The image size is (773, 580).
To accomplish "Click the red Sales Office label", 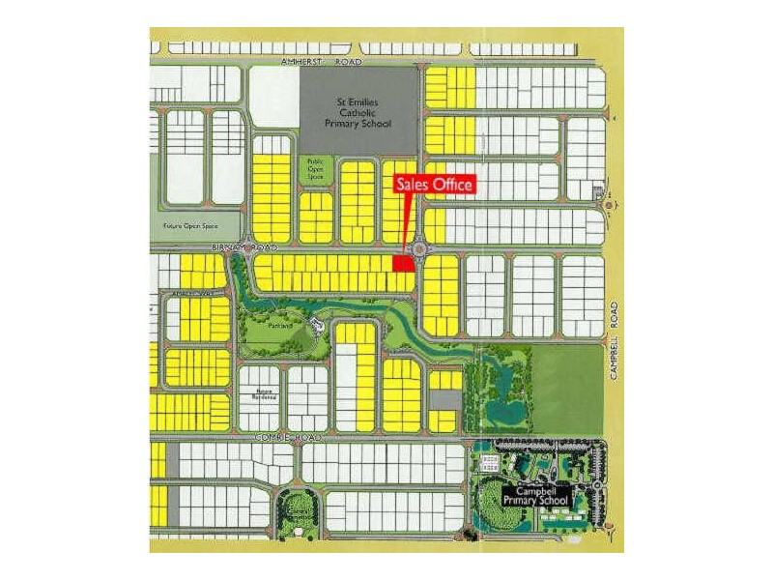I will pos(434,185).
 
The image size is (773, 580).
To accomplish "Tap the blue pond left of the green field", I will pos(504,410).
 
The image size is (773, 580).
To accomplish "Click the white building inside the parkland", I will pos(315,325).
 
